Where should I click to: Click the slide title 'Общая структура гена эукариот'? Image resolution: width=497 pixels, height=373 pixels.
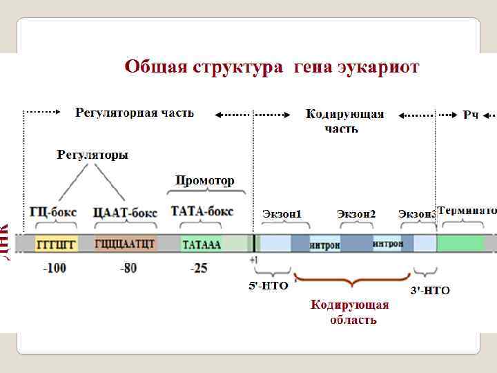point(271,67)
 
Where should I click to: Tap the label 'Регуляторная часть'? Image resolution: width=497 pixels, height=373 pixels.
point(135,113)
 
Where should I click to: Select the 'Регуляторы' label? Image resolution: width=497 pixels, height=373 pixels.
point(92,155)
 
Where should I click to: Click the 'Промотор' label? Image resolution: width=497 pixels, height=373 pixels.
point(204,180)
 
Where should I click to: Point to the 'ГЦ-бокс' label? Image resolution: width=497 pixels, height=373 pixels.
point(53,211)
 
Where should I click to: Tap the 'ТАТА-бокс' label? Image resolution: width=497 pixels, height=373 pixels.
point(202,211)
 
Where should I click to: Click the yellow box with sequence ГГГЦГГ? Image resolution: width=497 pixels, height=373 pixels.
point(56,243)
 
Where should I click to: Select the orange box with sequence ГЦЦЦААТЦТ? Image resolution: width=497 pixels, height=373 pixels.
point(125,243)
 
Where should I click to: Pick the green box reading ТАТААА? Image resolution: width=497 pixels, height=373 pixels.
point(202,243)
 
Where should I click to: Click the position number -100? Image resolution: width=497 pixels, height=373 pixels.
point(55,268)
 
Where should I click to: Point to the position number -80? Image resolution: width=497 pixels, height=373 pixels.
point(128,268)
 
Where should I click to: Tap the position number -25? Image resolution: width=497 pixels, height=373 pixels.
point(199,268)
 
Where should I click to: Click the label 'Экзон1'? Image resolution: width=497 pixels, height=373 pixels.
point(282,214)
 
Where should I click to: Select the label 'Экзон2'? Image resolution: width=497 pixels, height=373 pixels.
point(356,214)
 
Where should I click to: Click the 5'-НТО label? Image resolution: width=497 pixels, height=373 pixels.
point(268,285)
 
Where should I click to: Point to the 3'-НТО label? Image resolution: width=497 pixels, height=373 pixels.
point(430,291)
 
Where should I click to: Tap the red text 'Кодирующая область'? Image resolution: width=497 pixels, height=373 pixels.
point(350,312)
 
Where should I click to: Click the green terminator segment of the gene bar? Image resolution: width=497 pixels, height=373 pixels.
point(460,243)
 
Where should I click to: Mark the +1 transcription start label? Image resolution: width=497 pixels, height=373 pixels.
point(254,259)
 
